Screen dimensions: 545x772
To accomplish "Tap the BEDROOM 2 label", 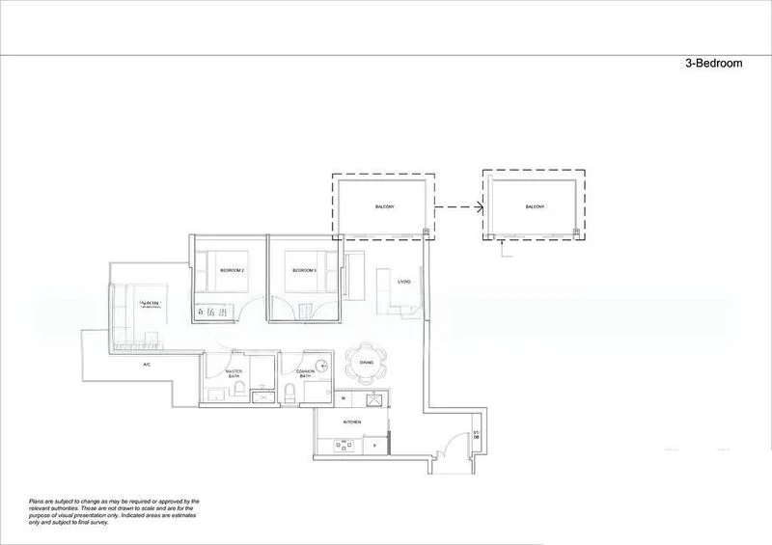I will (232, 271).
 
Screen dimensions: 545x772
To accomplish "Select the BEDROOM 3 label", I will (305, 271).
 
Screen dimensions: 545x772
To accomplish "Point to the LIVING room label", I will (403, 282).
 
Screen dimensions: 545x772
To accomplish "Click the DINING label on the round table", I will (366, 363).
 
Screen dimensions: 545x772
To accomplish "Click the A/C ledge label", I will (147, 365).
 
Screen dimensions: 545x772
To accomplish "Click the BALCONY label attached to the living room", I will (383, 207).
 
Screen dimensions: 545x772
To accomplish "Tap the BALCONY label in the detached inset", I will (535, 207).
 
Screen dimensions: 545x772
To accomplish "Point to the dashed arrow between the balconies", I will (457, 207).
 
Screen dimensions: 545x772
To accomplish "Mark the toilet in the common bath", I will (291, 393).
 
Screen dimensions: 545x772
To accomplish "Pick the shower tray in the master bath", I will (258, 395).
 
